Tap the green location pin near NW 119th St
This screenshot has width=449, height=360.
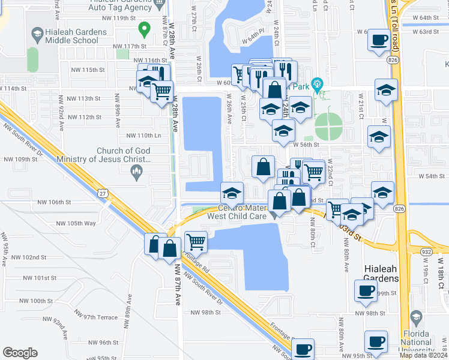click(144, 28)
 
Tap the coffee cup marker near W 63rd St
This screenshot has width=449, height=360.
click(379, 41)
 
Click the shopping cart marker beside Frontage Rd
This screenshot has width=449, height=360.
click(196, 242)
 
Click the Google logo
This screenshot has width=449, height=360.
click(20, 353)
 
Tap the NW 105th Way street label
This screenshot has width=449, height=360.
click(76, 224)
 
